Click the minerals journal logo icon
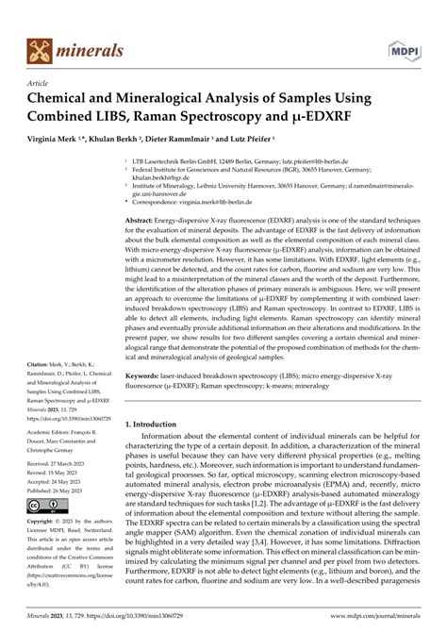coord(39,48)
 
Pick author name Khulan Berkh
coord(123,139)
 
